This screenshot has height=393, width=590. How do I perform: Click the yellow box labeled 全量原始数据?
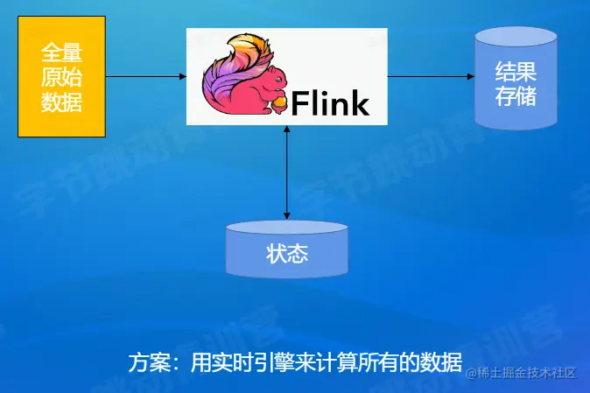coord(62,76)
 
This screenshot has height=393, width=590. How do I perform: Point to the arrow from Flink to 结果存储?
coord(430,76)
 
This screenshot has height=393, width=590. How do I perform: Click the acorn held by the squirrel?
coord(279,102)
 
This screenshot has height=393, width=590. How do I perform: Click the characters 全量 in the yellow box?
coord(62,51)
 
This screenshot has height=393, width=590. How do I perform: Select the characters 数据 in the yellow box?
coord(62,102)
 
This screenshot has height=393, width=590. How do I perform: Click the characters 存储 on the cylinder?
coord(516,95)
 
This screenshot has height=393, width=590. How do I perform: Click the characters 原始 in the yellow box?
coord(62,76)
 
